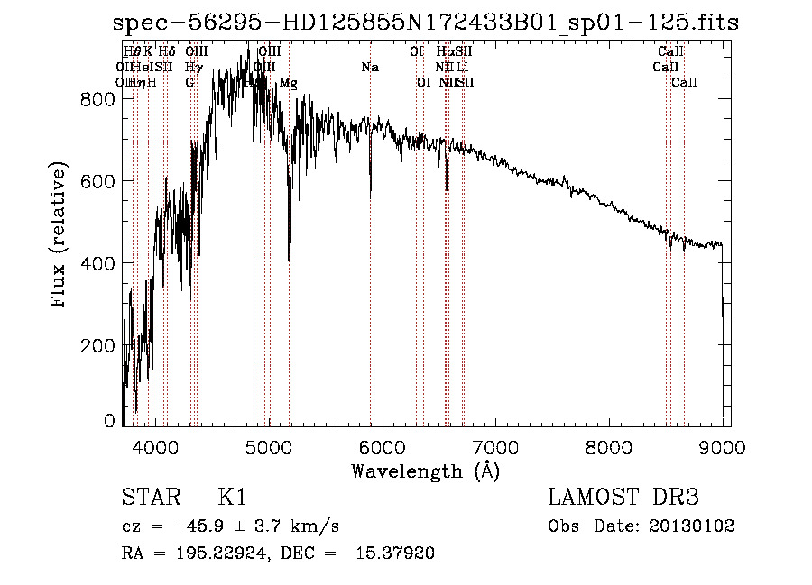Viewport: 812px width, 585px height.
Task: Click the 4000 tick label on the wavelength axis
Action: tap(155, 445)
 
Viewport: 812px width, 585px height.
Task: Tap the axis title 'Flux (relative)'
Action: tap(60, 236)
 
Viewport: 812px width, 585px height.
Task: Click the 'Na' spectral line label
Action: tap(370, 68)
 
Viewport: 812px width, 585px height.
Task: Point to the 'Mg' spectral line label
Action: tap(289, 83)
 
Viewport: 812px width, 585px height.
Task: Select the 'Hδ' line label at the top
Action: tap(166, 52)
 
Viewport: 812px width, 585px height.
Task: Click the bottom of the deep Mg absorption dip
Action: tap(289, 260)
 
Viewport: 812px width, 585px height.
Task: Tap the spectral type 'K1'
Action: tap(233, 497)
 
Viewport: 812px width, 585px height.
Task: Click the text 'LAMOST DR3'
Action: tap(623, 497)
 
